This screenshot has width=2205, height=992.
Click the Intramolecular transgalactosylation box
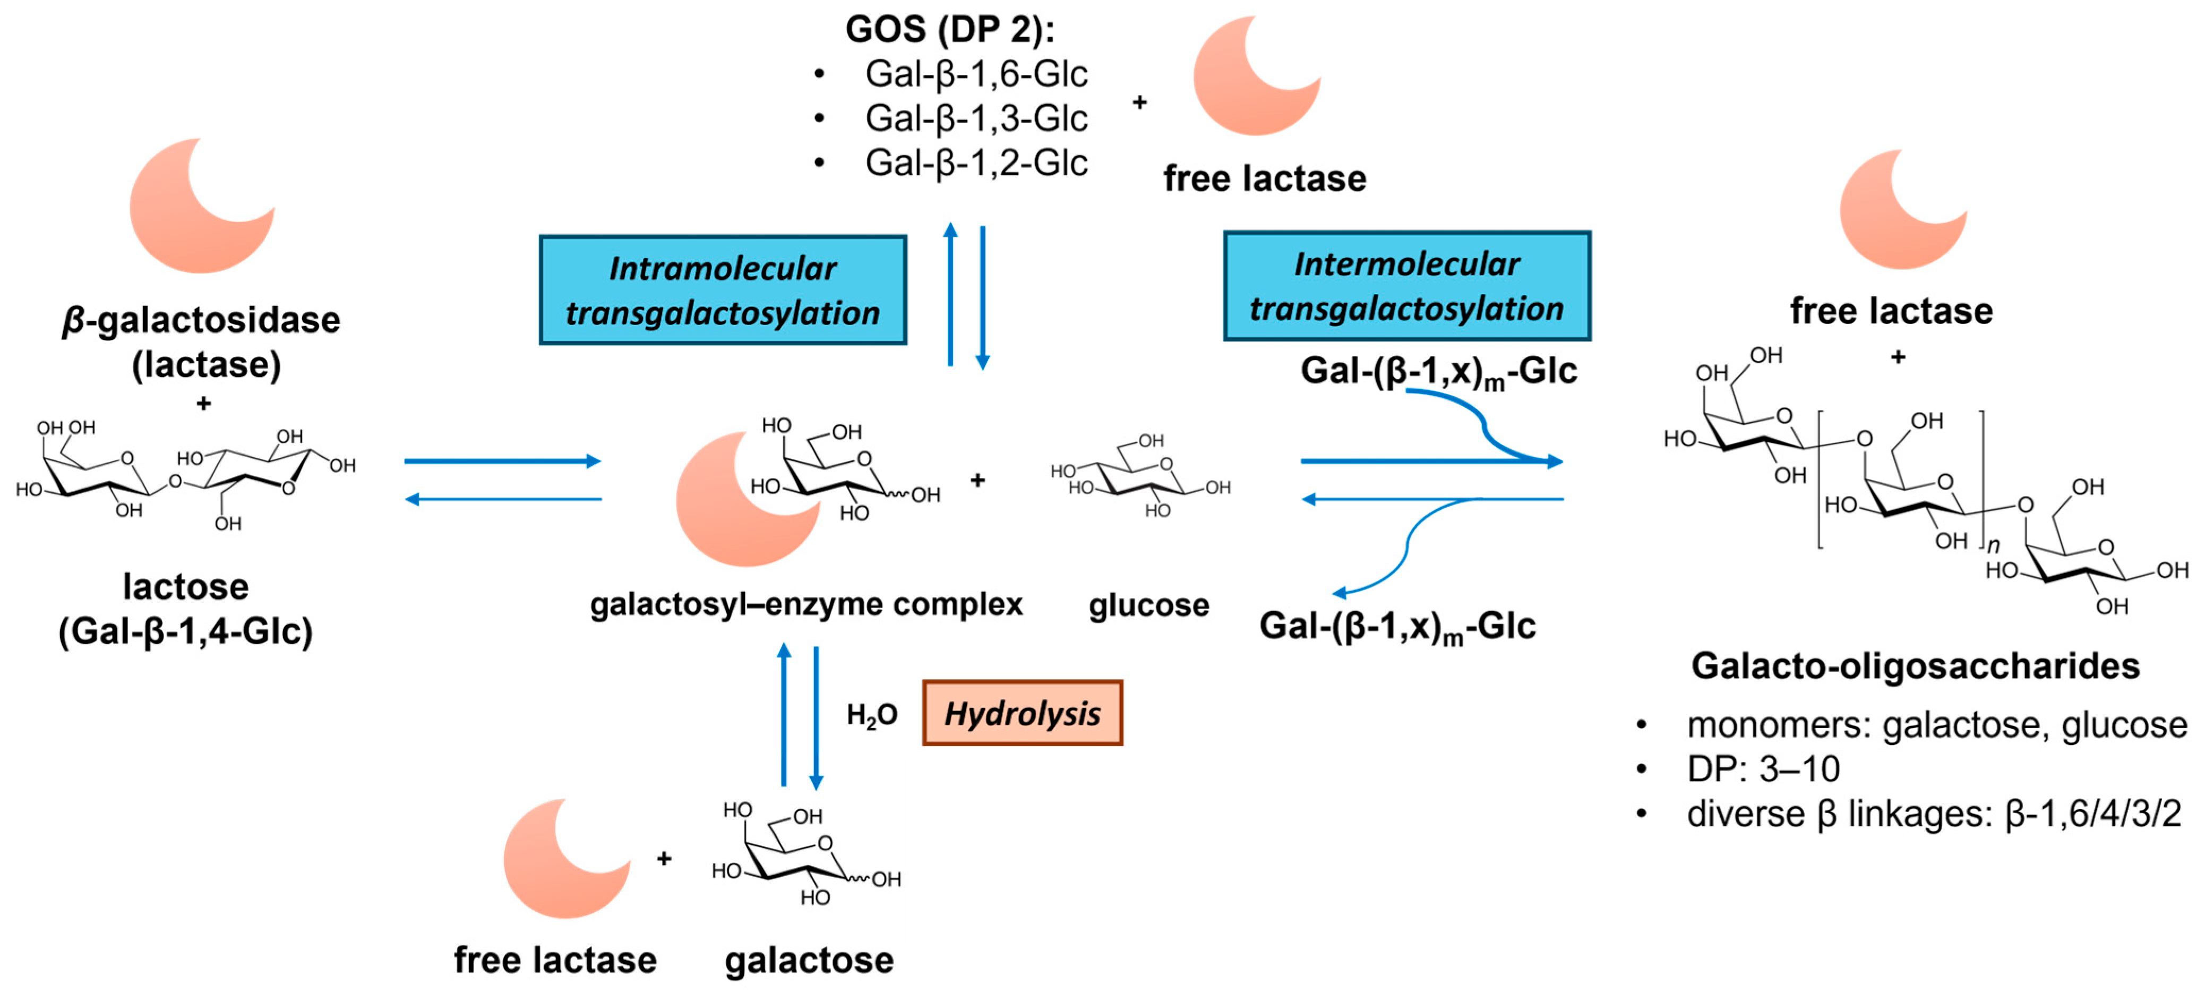tap(723, 290)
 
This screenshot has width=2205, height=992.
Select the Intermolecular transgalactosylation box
tap(1406, 286)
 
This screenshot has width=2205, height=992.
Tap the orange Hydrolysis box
tap(1022, 713)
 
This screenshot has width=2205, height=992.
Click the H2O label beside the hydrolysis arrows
tap(871, 715)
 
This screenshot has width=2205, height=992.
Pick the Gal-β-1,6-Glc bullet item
tap(976, 74)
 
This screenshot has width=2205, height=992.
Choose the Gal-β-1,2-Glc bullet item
tap(976, 163)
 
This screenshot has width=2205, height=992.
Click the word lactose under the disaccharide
tap(186, 587)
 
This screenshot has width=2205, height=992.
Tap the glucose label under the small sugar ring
tap(1149, 605)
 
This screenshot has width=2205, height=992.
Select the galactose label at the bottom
tap(809, 960)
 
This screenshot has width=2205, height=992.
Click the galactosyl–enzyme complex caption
tap(807, 604)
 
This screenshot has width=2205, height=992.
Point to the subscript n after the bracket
tap(1994, 546)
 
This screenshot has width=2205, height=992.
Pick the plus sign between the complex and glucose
tap(977, 481)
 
